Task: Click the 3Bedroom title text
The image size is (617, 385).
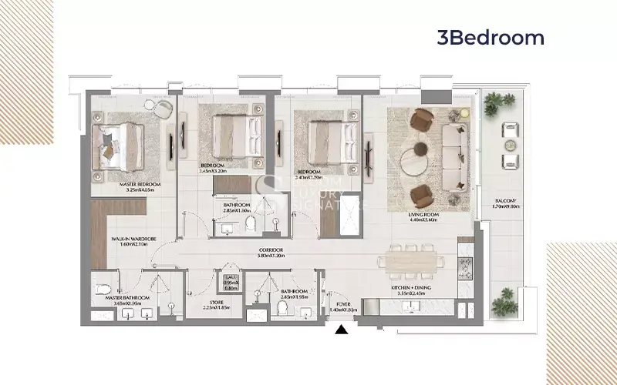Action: [x=491, y=38]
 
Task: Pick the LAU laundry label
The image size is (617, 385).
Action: [x=231, y=280]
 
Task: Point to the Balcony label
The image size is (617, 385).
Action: [x=506, y=204]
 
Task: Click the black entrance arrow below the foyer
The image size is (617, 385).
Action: [x=341, y=330]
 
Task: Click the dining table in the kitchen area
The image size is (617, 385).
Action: [x=410, y=261]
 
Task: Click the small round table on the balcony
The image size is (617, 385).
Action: [x=510, y=146]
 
